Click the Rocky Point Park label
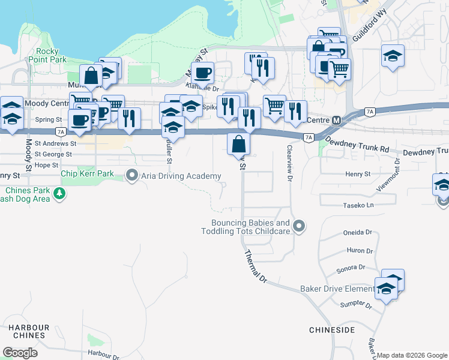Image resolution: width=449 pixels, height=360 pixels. pyautogui.click(x=51, y=56)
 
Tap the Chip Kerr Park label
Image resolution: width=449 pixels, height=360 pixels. pyautogui.click(x=87, y=174)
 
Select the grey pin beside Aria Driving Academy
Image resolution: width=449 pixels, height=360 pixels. pyautogui.click(x=132, y=175)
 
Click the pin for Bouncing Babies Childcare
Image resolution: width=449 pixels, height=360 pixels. pyautogui.click(x=300, y=226)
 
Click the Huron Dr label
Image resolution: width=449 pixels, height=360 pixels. pyautogui.click(x=360, y=251)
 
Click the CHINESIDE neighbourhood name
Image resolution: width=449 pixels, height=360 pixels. pyautogui.click(x=332, y=330)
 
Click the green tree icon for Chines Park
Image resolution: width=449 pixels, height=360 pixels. pyautogui.click(x=59, y=193)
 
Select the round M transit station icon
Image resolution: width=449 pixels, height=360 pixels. pyautogui.click(x=337, y=120)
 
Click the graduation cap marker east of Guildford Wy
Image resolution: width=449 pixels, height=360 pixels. pyautogui.click(x=393, y=56)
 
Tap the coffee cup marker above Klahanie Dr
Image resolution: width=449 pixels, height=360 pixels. pyautogui.click(x=202, y=73)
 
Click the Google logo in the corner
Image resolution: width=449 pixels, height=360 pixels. pyautogui.click(x=20, y=352)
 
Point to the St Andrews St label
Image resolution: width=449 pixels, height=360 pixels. pyautogui.click(x=55, y=144)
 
